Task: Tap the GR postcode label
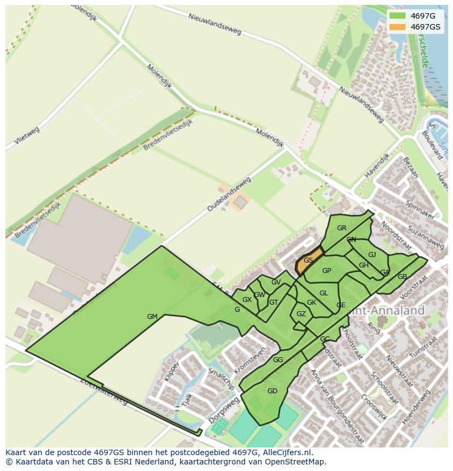341,228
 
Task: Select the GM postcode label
152,317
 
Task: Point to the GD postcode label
272,391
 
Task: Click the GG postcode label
278,359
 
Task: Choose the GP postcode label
327,271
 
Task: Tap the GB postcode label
402,277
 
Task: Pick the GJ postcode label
372,255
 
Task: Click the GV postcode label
276,282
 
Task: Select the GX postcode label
247,300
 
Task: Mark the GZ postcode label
301,314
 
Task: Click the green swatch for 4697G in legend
397,16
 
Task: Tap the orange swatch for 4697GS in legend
397,27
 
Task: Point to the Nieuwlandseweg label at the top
214,24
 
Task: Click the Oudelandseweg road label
229,194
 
